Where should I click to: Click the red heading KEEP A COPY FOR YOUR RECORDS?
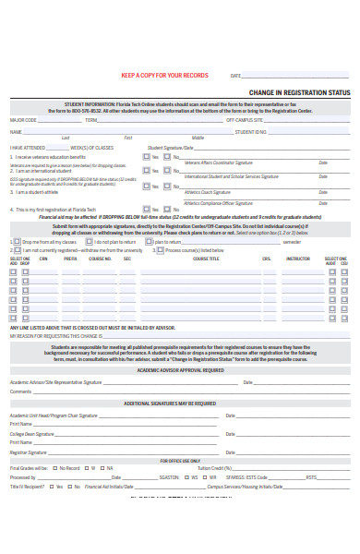164,76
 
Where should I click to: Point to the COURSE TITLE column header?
206,259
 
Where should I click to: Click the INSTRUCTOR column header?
298,259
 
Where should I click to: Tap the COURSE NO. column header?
100,259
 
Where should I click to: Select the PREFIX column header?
70,259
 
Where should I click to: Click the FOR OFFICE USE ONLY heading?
180,460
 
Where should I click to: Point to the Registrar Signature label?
29,452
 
